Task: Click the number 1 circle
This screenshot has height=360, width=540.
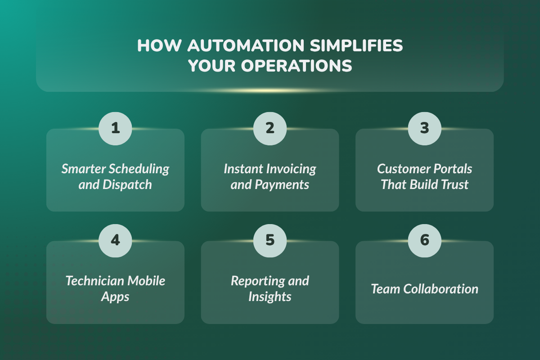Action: [x=115, y=128]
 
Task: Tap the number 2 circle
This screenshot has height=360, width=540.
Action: [x=270, y=128]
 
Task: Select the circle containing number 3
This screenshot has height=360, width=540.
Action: [x=424, y=128]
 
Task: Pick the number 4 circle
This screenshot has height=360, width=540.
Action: [x=115, y=240]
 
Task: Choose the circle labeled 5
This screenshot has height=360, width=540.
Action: [x=270, y=240]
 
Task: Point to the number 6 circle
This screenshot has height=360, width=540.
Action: [x=424, y=240]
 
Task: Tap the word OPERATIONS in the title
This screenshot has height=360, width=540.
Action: [x=297, y=66]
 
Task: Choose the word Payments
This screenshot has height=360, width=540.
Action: [x=282, y=184]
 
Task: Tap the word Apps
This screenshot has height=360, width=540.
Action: [x=115, y=297]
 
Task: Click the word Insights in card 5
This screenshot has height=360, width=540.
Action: [x=270, y=297]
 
